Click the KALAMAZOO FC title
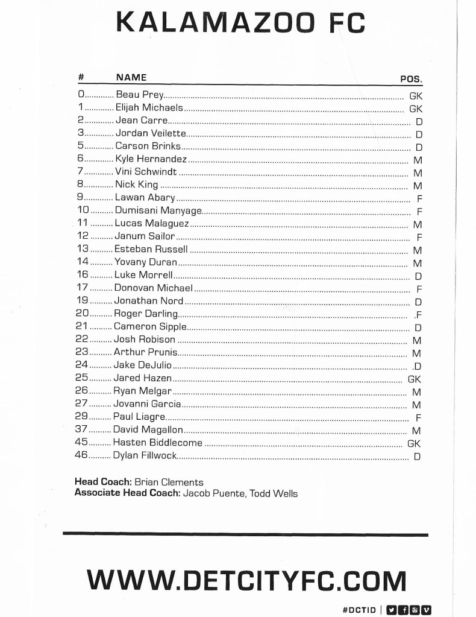[240, 24]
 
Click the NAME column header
[131, 77]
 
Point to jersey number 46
[81, 455]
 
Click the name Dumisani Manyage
[158, 210]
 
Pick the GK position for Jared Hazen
[414, 379]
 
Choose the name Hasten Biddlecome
[158, 443]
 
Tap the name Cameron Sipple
[150, 326]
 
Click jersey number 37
[81, 430]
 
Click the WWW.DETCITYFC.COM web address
[246, 580]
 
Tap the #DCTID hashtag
[359, 609]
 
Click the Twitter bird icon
[390, 609]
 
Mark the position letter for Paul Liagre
[418, 417]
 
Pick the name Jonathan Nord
[149, 300]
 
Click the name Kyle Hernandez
[151, 159]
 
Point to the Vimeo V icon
[427, 609]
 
